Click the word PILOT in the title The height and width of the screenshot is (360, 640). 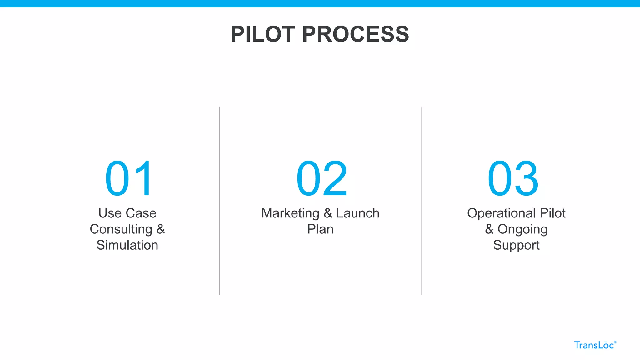tap(263, 34)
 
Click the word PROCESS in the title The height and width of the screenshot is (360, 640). tap(355, 34)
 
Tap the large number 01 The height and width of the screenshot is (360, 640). tap(129, 178)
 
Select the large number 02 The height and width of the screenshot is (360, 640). tap(322, 178)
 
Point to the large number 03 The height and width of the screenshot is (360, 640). tap(513, 178)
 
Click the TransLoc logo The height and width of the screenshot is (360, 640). tap(595, 345)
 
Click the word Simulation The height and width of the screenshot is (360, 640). tap(127, 245)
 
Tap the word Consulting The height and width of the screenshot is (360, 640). tap(121, 229)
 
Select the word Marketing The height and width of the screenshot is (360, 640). tap(290, 213)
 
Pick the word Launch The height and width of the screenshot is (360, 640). tap(357, 213)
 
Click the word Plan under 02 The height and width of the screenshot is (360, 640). tap(320, 229)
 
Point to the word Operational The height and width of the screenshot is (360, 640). tap(501, 213)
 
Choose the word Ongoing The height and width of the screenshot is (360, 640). tap(522, 229)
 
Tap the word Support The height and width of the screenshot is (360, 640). tap(516, 245)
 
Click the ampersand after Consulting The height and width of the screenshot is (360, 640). tap(161, 229)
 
